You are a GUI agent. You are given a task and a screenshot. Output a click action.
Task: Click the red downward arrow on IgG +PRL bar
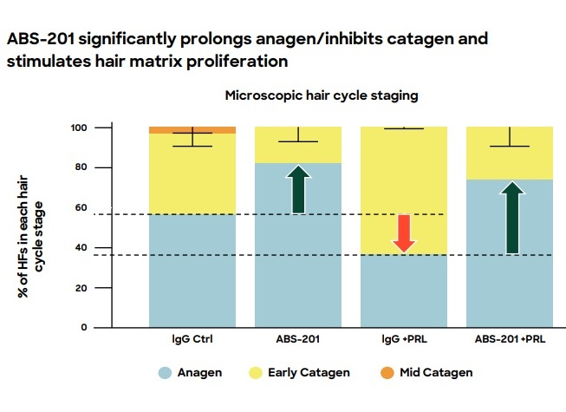click(403, 232)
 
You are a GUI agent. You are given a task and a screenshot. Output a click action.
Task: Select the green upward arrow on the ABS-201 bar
click(298, 189)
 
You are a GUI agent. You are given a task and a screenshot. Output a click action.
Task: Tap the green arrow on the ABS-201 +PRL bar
click(513, 218)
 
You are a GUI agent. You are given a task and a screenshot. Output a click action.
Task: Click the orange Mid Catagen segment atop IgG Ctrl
click(192, 129)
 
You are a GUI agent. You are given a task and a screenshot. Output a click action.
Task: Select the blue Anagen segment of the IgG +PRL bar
click(404, 290)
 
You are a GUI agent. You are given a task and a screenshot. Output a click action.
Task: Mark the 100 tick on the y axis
click(79, 128)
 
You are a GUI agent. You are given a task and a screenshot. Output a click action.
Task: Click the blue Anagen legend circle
click(163, 372)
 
